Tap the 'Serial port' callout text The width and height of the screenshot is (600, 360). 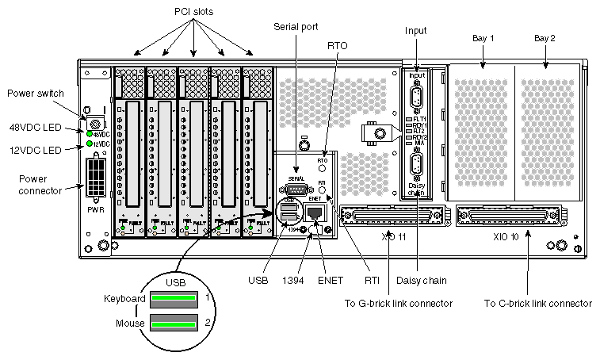click(x=296, y=26)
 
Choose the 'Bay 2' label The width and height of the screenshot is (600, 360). click(x=545, y=38)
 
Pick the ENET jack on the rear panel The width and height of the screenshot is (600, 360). click(x=314, y=214)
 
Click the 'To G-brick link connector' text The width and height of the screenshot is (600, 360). click(x=399, y=303)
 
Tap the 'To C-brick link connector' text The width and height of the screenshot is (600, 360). click(x=537, y=303)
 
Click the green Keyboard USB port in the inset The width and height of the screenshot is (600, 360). click(x=173, y=298)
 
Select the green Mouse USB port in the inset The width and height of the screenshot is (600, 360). click(x=173, y=323)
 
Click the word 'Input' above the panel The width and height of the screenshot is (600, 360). click(x=415, y=31)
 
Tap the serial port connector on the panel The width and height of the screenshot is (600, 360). click(x=297, y=190)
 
